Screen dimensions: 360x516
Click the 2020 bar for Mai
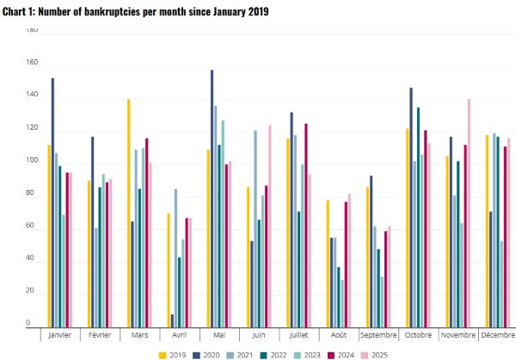coord(212,198)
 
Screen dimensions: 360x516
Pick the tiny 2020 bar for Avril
coord(173,320)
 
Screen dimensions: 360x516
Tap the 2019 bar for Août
coord(328,263)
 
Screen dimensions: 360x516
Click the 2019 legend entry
coord(176,353)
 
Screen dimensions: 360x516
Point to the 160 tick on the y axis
coord(32,63)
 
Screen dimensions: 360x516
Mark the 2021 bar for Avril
coord(176,258)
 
